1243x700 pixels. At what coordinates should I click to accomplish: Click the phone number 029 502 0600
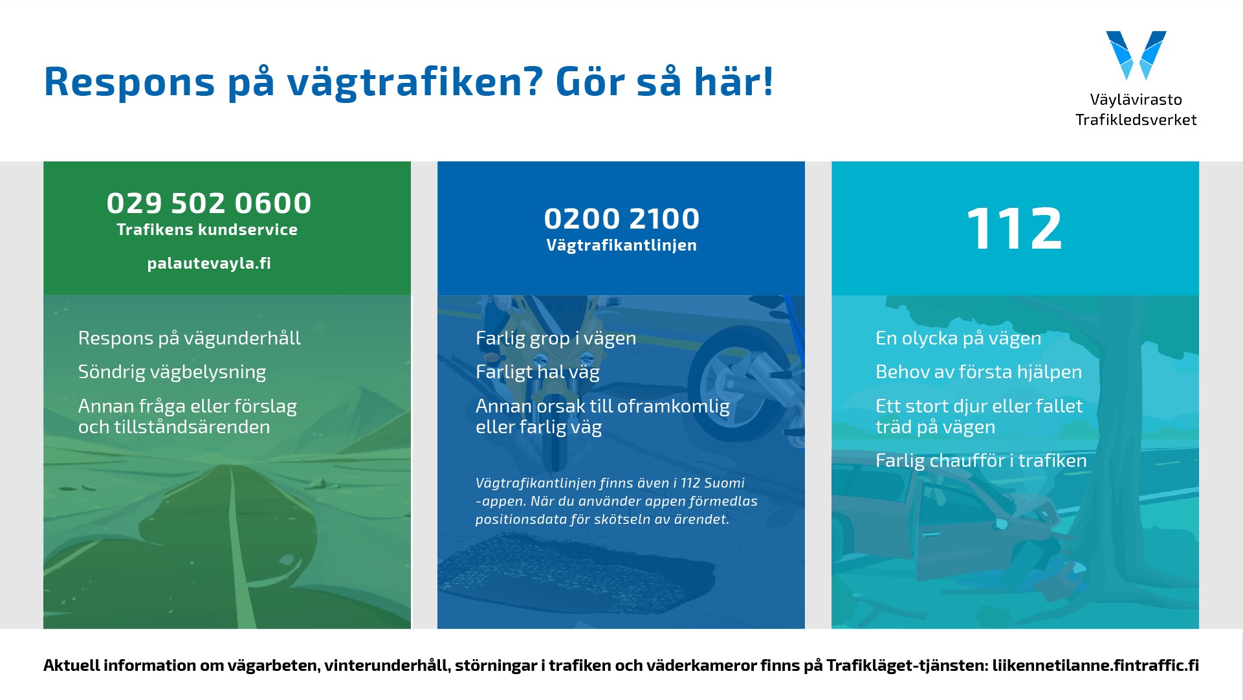[x=208, y=203]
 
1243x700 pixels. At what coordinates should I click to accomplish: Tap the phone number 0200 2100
[x=621, y=219]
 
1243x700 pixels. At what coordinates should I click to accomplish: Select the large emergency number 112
[x=1014, y=229]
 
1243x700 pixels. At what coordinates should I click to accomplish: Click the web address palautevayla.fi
[x=208, y=264]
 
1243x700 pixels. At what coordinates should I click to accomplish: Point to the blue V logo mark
[x=1136, y=55]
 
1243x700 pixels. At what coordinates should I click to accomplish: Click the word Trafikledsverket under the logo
[x=1136, y=120]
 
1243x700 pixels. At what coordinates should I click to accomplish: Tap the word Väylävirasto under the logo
[x=1136, y=100]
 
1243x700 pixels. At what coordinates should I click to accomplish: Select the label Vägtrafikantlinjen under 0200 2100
[x=621, y=245]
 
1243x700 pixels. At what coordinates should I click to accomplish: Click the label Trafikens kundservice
[x=207, y=230]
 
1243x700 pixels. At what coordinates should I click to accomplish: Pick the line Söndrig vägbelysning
[x=172, y=372]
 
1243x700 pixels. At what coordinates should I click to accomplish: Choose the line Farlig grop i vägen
[x=556, y=339]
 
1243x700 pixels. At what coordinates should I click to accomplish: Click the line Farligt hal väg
[x=538, y=372]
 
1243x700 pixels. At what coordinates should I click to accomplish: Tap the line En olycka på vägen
[x=958, y=339]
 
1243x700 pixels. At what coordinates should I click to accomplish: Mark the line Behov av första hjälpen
[x=978, y=372]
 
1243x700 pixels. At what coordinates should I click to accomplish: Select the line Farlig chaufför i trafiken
[x=981, y=460]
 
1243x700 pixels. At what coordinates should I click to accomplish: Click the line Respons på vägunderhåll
[x=190, y=339]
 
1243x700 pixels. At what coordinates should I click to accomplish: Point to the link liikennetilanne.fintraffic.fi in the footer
[x=1095, y=665]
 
